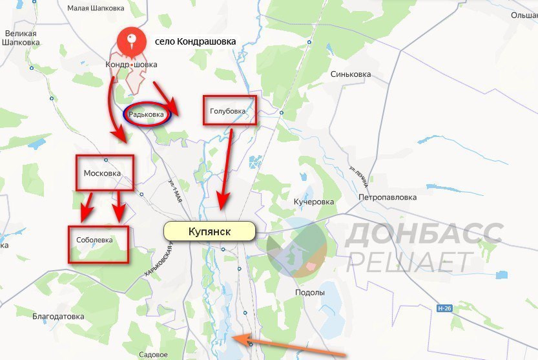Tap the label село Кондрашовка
195,41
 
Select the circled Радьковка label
147,114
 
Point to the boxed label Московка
103,173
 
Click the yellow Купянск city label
209,231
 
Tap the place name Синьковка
351,74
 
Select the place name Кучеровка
314,202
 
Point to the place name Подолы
310,293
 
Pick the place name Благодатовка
58,317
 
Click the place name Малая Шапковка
96,8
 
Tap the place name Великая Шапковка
22,37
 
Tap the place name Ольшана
523,14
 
